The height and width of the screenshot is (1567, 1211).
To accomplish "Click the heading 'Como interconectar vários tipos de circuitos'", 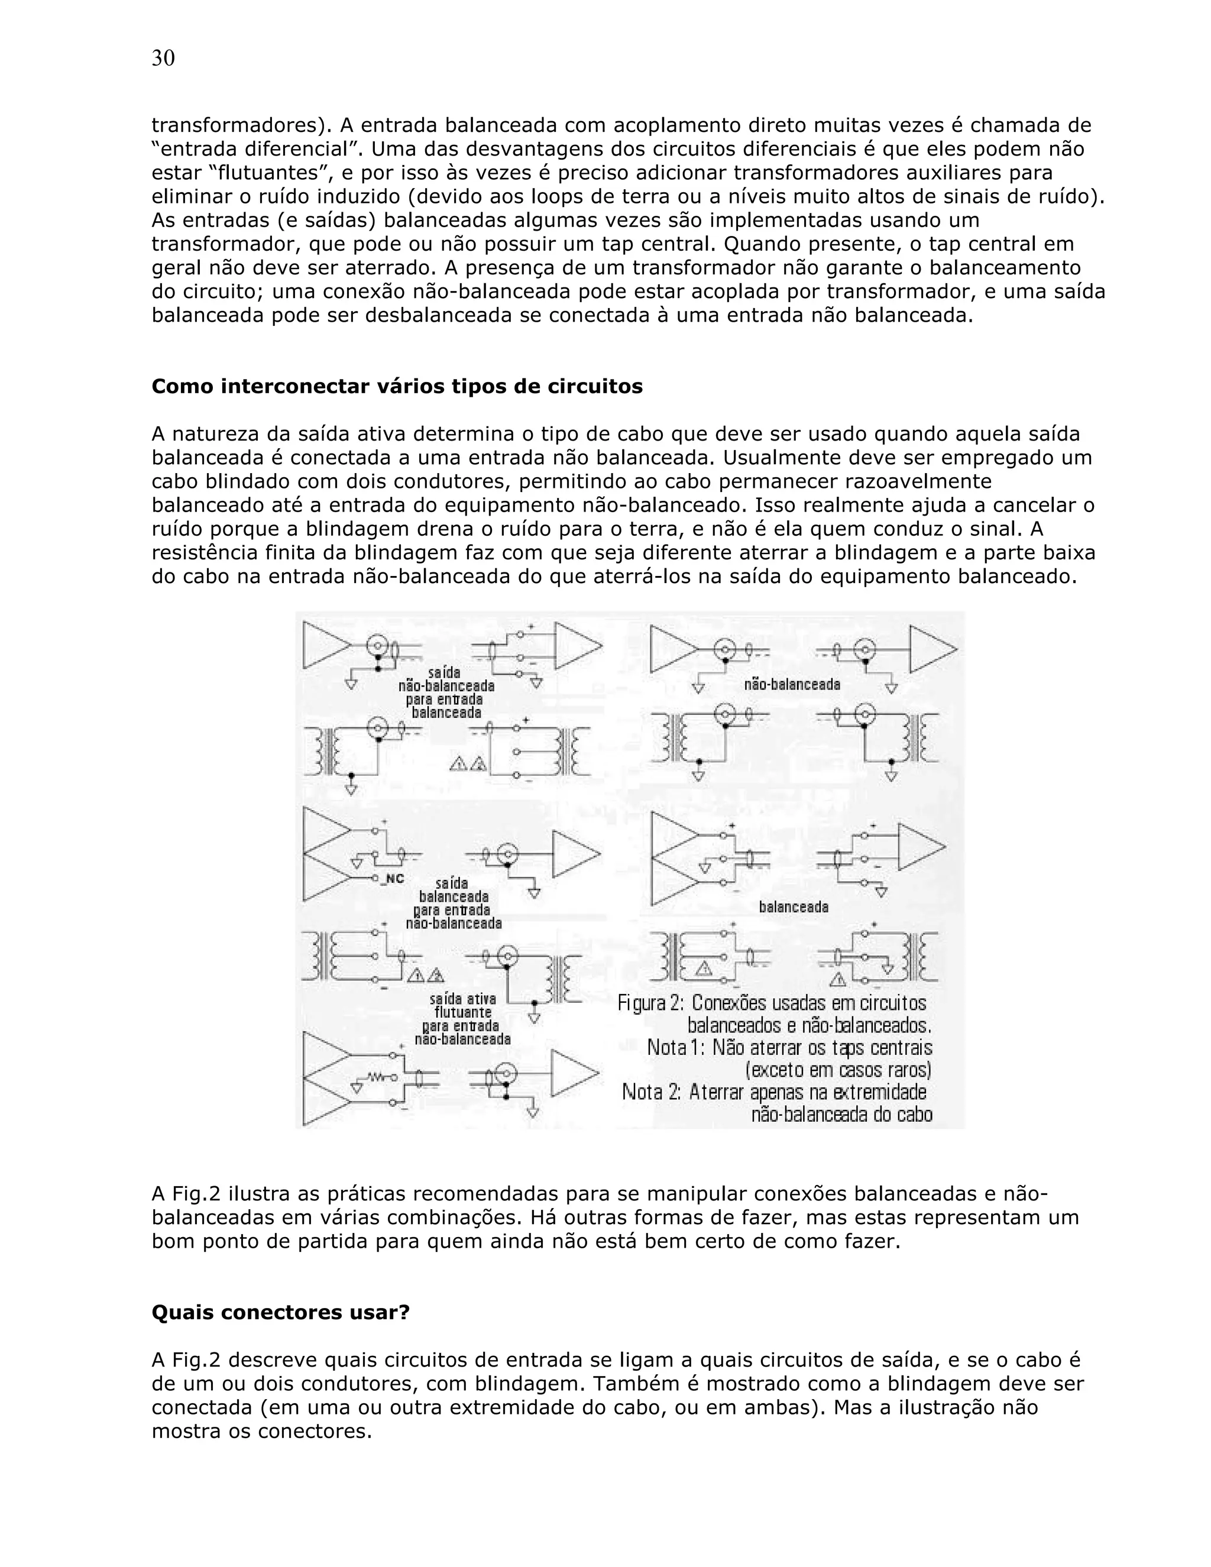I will [397, 387].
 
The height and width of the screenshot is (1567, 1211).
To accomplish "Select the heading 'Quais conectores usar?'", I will [280, 1312].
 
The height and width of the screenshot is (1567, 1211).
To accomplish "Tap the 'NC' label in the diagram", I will [396, 879].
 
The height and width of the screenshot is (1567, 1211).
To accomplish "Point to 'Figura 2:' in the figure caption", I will [650, 1003].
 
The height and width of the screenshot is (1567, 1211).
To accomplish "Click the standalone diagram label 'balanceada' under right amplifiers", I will [794, 907].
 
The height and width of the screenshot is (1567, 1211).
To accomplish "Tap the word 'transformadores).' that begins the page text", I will [241, 125].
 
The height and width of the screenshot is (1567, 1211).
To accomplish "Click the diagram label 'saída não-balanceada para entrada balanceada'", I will [445, 692].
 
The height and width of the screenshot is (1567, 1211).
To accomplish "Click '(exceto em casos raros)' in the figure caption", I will [838, 1070].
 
